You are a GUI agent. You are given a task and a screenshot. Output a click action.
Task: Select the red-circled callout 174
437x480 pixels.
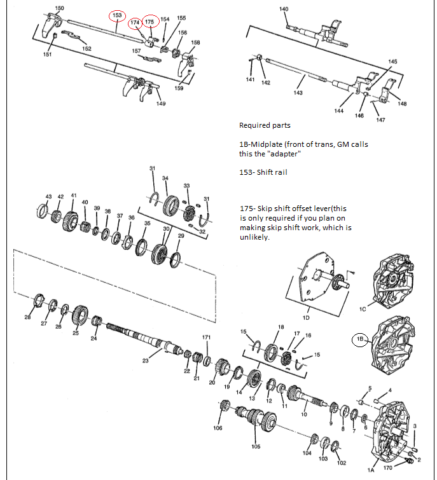[135, 23]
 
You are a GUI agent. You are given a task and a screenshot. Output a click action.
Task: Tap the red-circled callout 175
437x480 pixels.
[149, 22]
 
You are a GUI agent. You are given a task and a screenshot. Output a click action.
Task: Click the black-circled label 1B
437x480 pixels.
[360, 339]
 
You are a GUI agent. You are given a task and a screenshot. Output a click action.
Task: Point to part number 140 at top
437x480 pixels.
[284, 8]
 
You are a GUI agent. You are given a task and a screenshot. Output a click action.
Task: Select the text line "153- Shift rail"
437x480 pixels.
[263, 172]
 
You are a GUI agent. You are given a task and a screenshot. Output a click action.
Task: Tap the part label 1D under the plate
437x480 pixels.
[306, 317]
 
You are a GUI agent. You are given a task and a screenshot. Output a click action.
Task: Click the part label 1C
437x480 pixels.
[363, 309]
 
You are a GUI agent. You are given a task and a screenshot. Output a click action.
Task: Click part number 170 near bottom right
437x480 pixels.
[388, 469]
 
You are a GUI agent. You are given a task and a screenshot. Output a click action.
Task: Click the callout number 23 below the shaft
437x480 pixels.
[146, 360]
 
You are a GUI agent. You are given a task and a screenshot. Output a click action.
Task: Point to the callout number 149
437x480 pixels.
[161, 104]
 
